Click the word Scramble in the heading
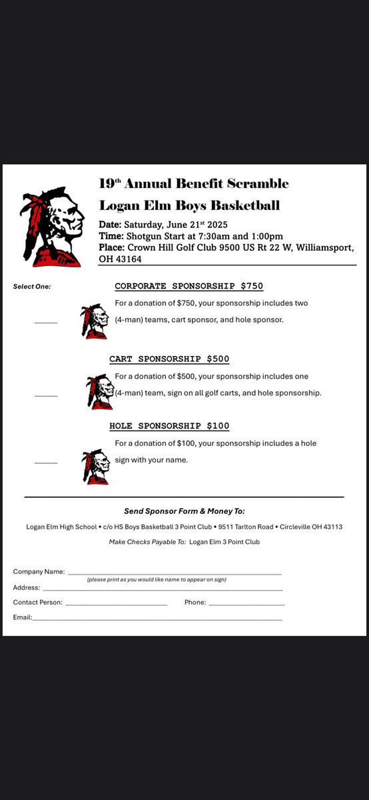pyautogui.click(x=256, y=183)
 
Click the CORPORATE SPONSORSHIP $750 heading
pyautogui.click(x=188, y=287)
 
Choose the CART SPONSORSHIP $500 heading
pyautogui.click(x=169, y=359)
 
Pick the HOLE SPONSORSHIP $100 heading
pyautogui.click(x=169, y=425)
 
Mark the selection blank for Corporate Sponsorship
pyautogui.click(x=46, y=322)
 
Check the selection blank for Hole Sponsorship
pyautogui.click(x=46, y=462)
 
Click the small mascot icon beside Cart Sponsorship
pyautogui.click(x=100, y=392)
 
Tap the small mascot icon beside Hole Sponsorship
pyautogui.click(x=95, y=466)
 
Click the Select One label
pyautogui.click(x=32, y=287)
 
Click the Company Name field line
pyautogui.click(x=175, y=573)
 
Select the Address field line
pyautogui.click(x=163, y=589)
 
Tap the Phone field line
pyautogui.click(x=246, y=605)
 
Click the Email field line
pyautogui.click(x=157, y=619)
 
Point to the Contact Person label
pyautogui.click(x=38, y=603)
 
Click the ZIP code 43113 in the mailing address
pyautogui.click(x=330, y=527)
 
